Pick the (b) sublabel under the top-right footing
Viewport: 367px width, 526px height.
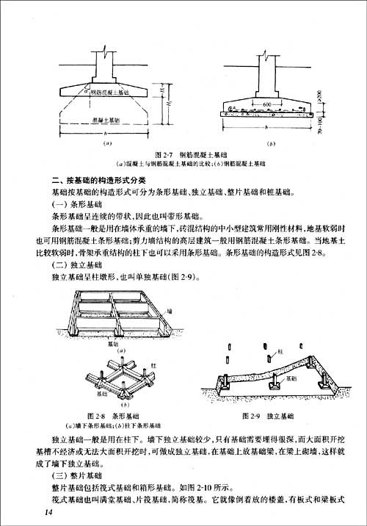[271, 143]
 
